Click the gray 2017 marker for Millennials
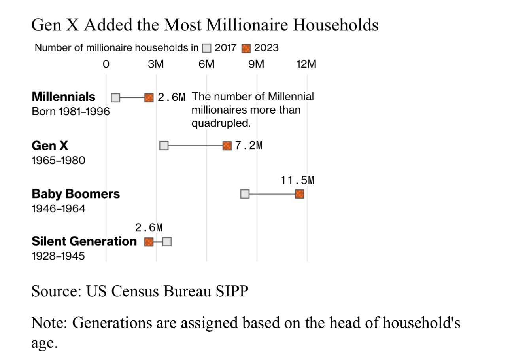point(115,97)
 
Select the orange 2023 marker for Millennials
point(149,97)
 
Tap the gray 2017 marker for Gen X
point(164,146)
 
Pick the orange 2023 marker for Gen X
point(227,146)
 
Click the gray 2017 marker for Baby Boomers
point(245,194)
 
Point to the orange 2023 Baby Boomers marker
point(299,194)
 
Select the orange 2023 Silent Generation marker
point(149,242)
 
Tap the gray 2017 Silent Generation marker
point(167,242)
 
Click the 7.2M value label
point(248,146)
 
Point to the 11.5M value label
point(297,180)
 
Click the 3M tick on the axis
point(156,64)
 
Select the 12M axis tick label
point(306,64)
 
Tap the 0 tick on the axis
point(106,64)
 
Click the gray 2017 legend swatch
point(206,49)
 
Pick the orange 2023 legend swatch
point(246,49)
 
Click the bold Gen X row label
point(50,146)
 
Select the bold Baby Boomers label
point(76,194)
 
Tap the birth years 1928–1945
point(58,256)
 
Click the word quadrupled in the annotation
point(221,123)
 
